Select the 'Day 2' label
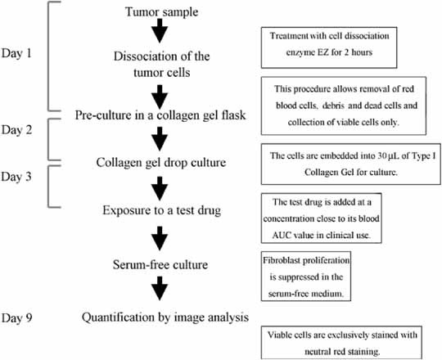21,131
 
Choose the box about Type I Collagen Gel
350,164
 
